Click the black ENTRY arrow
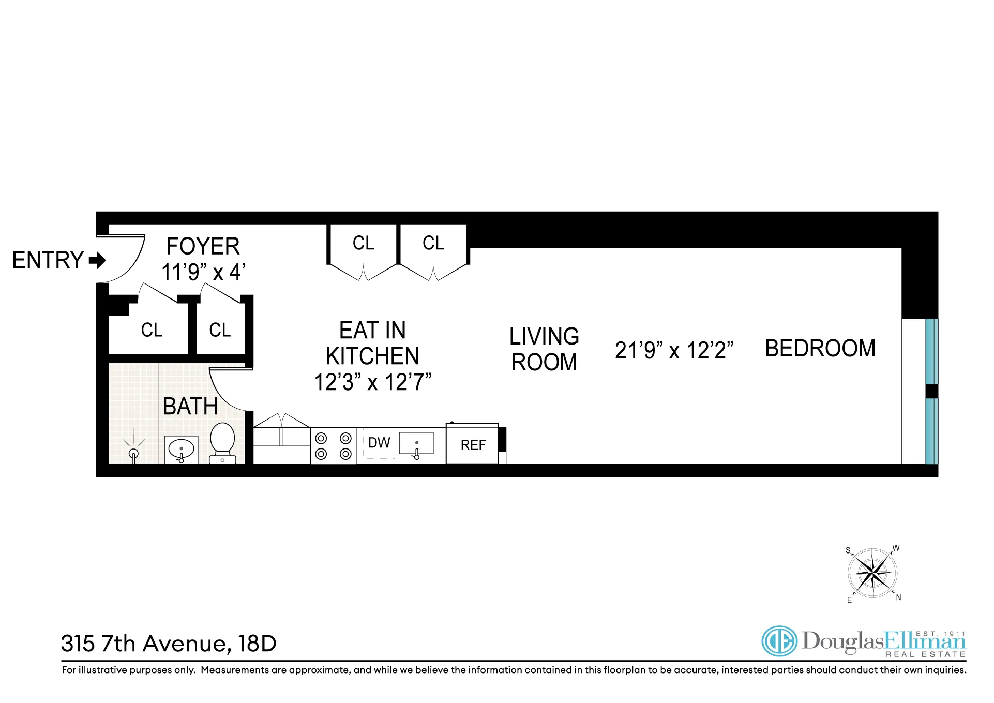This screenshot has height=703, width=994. pos(97,260)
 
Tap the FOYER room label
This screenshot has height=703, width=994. pos(203,246)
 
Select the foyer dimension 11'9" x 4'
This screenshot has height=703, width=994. pos(203,272)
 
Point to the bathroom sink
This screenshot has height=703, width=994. pos(181,449)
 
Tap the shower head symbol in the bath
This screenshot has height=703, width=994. pos(134,453)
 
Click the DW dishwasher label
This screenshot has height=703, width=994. pos(379,443)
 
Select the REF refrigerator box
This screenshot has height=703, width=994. pos(472,444)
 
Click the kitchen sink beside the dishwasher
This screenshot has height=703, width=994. pos(416,444)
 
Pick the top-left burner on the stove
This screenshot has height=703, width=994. pos(321,439)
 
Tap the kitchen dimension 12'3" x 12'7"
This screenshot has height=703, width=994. pos(372,382)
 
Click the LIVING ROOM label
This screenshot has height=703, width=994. pos(544,349)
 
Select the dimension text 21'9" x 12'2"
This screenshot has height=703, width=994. pos(674,350)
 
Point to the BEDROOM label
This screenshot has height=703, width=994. pos(820,348)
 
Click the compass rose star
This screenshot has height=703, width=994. pos(872,573)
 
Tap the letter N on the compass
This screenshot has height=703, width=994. pos(898,597)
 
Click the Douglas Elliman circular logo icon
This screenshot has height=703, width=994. pos(779,641)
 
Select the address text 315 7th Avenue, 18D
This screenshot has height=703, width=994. pos(169,644)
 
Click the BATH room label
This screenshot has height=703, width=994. pos(190,406)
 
